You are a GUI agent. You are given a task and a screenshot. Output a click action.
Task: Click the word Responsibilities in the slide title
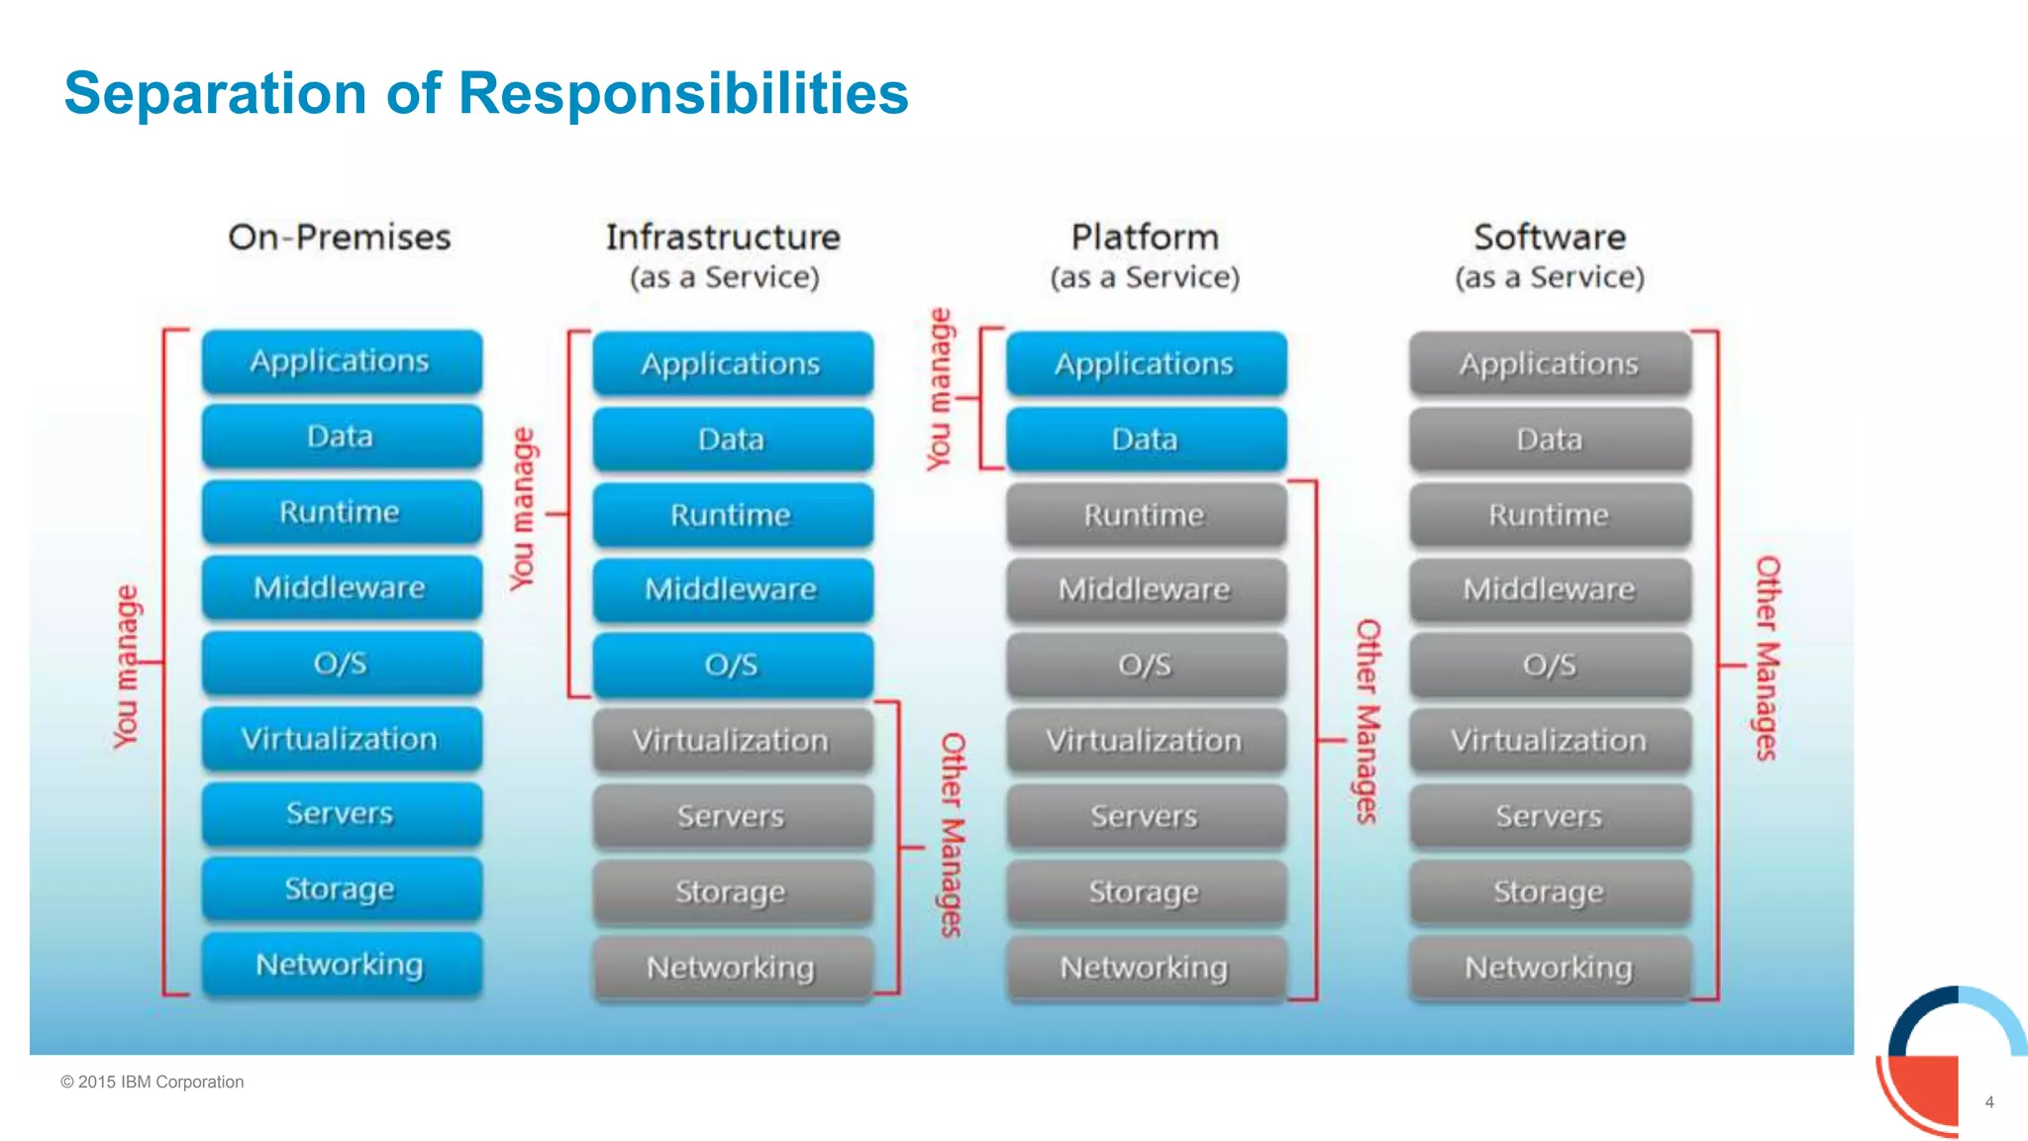pyautogui.click(x=682, y=94)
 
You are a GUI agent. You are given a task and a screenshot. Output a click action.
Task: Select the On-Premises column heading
pyautogui.click(x=339, y=238)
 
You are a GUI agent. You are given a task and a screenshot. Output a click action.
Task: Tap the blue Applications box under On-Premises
pyautogui.click(x=342, y=362)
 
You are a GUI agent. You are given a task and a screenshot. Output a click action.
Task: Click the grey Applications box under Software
pyautogui.click(x=1550, y=363)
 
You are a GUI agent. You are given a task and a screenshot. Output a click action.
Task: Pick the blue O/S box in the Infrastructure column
pyautogui.click(x=733, y=665)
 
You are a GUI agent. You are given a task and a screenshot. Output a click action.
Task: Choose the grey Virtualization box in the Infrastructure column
pyautogui.click(x=733, y=741)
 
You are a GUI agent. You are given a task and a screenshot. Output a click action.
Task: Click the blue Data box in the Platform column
pyautogui.click(x=1146, y=439)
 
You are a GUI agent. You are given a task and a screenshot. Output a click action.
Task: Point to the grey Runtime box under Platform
pyautogui.click(x=1146, y=515)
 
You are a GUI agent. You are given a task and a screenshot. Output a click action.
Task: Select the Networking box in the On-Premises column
pyautogui.click(x=342, y=965)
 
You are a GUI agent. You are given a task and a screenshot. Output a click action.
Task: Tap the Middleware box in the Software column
pyautogui.click(x=1550, y=590)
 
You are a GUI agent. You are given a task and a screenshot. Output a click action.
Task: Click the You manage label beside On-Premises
pyautogui.click(x=127, y=667)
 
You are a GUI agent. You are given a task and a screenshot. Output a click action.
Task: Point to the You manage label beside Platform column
pyautogui.click(x=939, y=389)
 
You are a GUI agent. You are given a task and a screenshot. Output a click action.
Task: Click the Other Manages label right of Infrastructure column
pyautogui.click(x=952, y=835)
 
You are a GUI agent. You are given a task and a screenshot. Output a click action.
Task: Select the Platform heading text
pyautogui.click(x=1145, y=238)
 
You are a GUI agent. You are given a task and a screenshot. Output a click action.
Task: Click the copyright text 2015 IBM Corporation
pyautogui.click(x=152, y=1083)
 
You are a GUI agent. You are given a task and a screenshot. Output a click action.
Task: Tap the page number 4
pyautogui.click(x=1989, y=1102)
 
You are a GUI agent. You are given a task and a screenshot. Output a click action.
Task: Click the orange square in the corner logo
pyautogui.click(x=1925, y=1090)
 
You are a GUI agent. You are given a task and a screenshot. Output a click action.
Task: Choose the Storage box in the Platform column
pyautogui.click(x=1146, y=892)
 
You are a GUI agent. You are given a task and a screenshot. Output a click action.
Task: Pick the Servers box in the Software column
pyautogui.click(x=1550, y=816)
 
